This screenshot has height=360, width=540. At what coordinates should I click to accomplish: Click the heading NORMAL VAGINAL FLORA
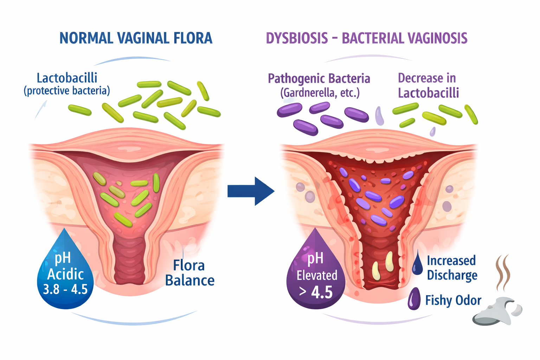[136, 38]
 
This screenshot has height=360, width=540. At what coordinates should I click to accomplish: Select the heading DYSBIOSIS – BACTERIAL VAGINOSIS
[366, 38]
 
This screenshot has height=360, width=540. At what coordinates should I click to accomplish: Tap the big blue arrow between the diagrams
[251, 191]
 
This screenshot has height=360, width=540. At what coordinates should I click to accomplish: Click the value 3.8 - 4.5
[65, 289]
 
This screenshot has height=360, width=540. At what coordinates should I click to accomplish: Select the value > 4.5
[316, 292]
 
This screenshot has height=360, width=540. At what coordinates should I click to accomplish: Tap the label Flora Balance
[190, 273]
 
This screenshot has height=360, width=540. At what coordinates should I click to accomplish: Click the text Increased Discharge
[452, 268]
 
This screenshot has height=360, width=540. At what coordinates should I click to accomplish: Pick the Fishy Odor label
[453, 300]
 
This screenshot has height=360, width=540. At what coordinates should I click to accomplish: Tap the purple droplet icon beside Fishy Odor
[414, 299]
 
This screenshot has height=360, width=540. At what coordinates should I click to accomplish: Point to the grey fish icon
[497, 312]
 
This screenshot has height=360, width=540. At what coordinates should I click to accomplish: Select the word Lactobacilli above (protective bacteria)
[67, 78]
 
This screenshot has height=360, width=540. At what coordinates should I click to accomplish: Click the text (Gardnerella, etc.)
[320, 93]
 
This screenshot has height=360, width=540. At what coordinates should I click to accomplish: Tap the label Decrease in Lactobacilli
[428, 85]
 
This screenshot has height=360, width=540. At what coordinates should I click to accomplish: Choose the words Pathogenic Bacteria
[319, 78]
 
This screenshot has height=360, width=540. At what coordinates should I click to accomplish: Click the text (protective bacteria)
[67, 91]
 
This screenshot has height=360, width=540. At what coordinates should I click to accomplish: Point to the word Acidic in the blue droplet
[65, 274]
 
